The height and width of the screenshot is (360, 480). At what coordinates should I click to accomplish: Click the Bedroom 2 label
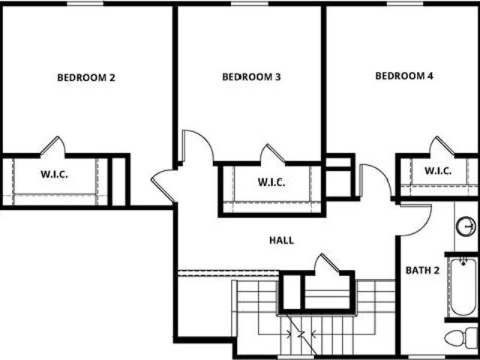[x=86, y=77]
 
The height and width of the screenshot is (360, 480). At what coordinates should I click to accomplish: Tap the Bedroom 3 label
[x=251, y=76]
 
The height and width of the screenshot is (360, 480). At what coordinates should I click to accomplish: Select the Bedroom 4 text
[x=404, y=76]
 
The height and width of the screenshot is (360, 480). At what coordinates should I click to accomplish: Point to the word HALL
[x=282, y=240]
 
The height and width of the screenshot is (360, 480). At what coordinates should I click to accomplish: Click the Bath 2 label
[x=422, y=270]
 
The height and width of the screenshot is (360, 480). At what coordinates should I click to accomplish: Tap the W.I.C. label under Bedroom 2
[x=54, y=175]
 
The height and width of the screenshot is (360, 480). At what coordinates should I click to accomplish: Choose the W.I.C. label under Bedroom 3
[x=271, y=182]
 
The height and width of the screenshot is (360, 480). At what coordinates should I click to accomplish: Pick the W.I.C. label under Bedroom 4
[x=438, y=171]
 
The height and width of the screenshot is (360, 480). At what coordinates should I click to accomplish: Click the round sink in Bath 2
[x=466, y=226]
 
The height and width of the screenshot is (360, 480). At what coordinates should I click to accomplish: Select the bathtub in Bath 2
[x=463, y=286]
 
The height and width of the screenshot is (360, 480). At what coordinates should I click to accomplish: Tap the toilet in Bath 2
[x=461, y=338]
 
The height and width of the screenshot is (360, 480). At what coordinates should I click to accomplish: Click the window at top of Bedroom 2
[x=85, y=3]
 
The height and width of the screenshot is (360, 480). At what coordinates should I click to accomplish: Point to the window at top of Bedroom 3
[x=250, y=3]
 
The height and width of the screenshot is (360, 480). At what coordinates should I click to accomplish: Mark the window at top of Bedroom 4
[x=405, y=3]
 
